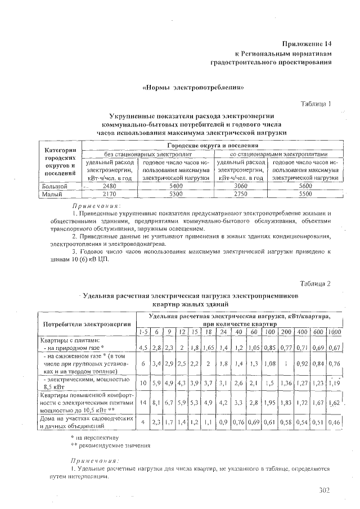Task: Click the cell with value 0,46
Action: [x=335, y=422]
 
